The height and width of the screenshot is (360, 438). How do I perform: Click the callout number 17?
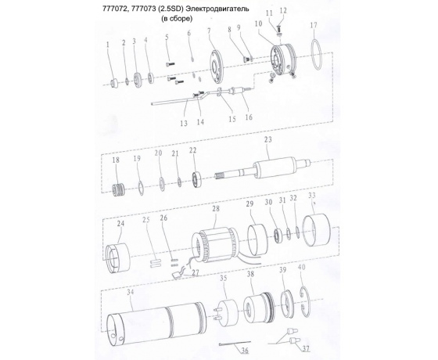314,25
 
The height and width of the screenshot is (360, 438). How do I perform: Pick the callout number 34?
131,293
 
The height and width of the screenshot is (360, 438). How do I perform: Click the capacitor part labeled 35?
227,313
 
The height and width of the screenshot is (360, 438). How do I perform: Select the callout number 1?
108,44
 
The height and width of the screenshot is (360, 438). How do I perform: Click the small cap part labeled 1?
113,83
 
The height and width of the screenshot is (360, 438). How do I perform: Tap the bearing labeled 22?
197,180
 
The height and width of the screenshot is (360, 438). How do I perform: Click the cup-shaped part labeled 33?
317,230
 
